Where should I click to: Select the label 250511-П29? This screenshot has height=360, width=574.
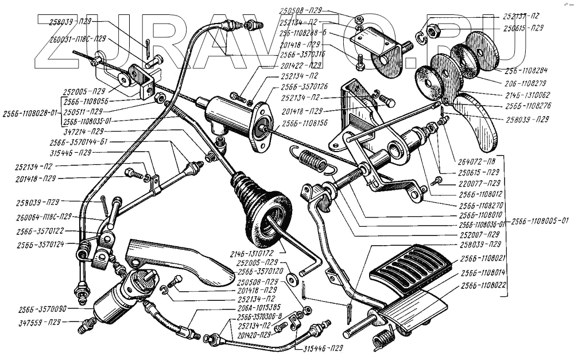(84, 111)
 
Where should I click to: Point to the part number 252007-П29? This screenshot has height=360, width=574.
(476, 234)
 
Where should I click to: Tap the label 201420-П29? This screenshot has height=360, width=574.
(253, 334)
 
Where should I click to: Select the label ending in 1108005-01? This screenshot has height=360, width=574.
(540, 221)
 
